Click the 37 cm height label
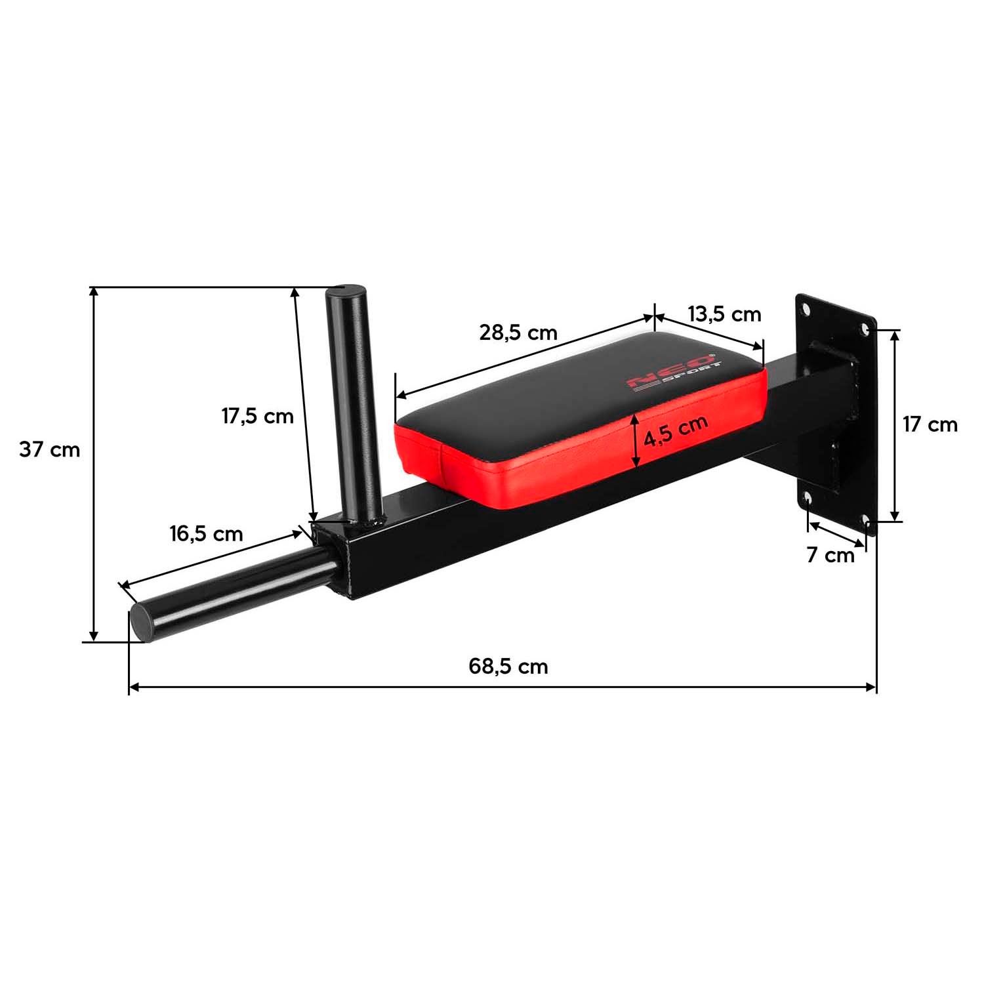(49, 450)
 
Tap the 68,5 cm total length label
(508, 666)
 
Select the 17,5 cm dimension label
(257, 416)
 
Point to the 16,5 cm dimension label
(206, 534)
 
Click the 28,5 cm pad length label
(518, 333)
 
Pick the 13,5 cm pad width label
(724, 314)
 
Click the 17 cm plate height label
(930, 424)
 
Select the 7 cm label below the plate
(830, 556)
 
